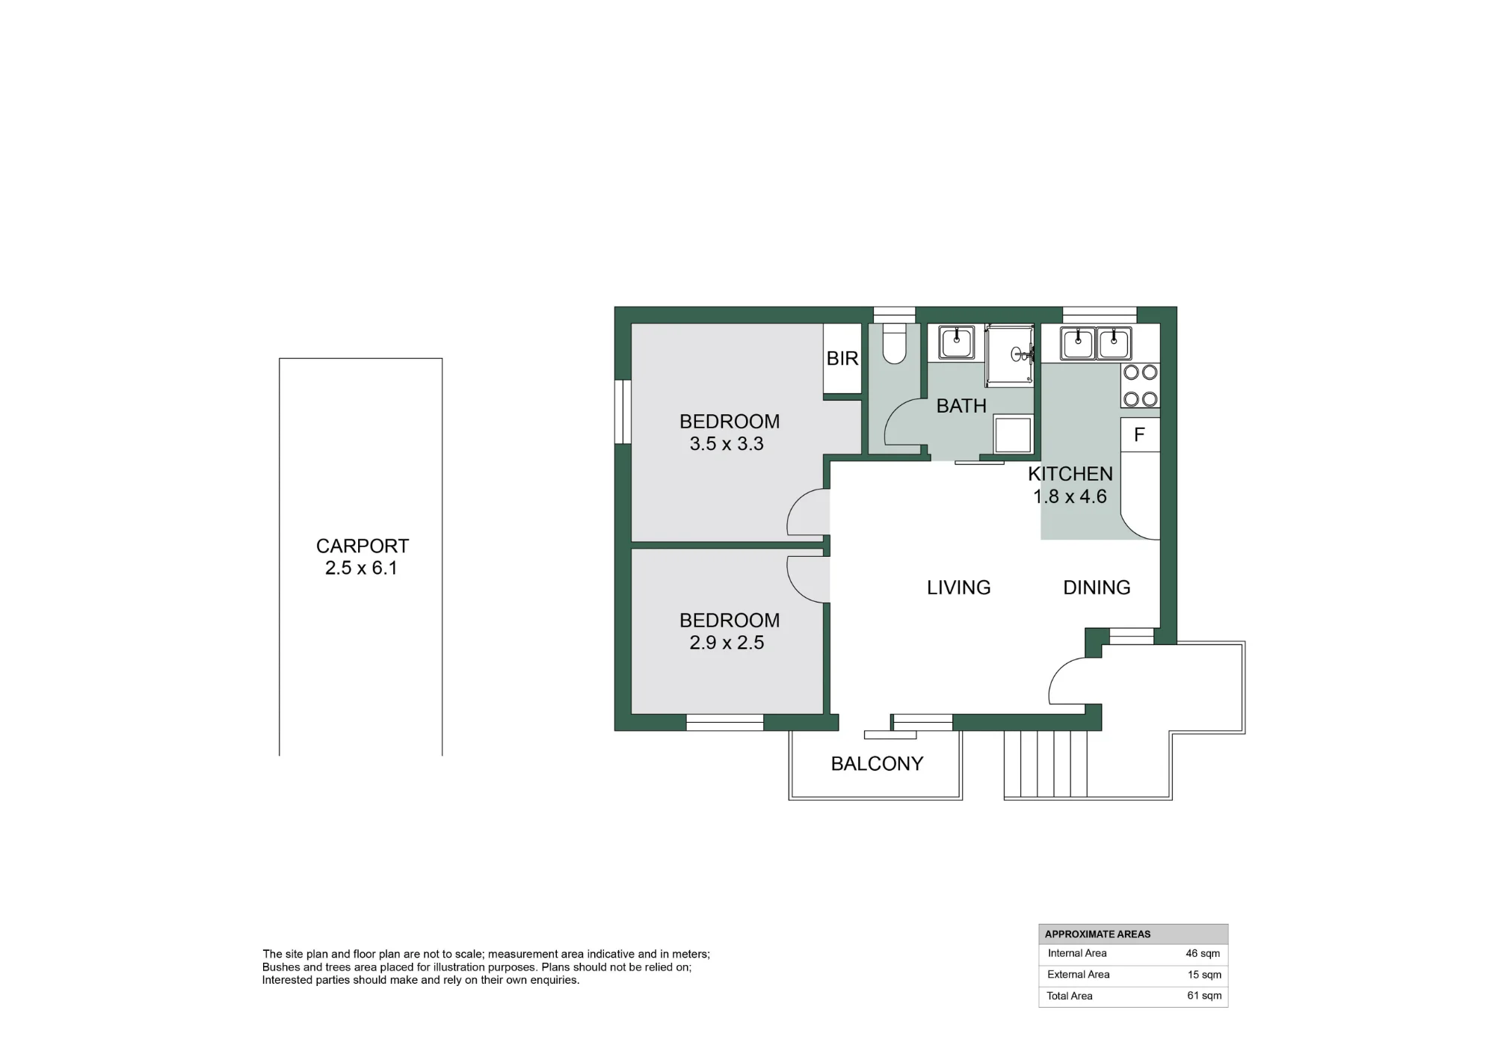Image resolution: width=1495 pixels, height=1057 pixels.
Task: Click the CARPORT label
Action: point(363,546)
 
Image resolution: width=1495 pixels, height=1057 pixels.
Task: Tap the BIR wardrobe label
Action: point(842,359)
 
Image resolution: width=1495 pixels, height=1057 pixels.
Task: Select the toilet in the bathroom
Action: point(894,344)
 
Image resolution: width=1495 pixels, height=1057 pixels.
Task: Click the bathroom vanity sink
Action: point(957,342)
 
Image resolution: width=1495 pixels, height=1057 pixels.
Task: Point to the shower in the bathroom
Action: point(1010,355)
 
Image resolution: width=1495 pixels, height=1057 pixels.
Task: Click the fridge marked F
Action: point(1140,434)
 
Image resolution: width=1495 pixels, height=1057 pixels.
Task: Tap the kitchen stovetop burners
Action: point(1140,386)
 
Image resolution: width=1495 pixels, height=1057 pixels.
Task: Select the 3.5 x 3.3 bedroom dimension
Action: point(727,444)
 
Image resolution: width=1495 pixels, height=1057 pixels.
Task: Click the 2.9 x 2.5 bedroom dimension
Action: point(727,643)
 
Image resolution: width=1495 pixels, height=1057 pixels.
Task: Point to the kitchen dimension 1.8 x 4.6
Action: point(1070,496)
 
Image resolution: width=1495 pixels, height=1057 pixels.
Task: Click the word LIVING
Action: point(959,588)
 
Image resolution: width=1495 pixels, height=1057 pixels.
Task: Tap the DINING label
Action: point(1097,588)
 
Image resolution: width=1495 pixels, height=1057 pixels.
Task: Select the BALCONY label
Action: point(878,763)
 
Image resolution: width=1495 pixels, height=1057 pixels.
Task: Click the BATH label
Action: point(961,406)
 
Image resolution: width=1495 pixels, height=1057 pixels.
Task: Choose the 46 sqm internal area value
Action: point(1203,953)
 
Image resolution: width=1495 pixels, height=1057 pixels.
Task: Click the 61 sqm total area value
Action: point(1204,996)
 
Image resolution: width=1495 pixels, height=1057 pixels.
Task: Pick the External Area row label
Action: point(1079,974)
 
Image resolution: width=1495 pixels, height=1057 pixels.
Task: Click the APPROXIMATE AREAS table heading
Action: point(1098,934)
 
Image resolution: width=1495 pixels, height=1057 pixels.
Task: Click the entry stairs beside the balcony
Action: point(1046,765)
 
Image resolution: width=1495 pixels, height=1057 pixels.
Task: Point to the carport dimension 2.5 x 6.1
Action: point(361,568)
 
